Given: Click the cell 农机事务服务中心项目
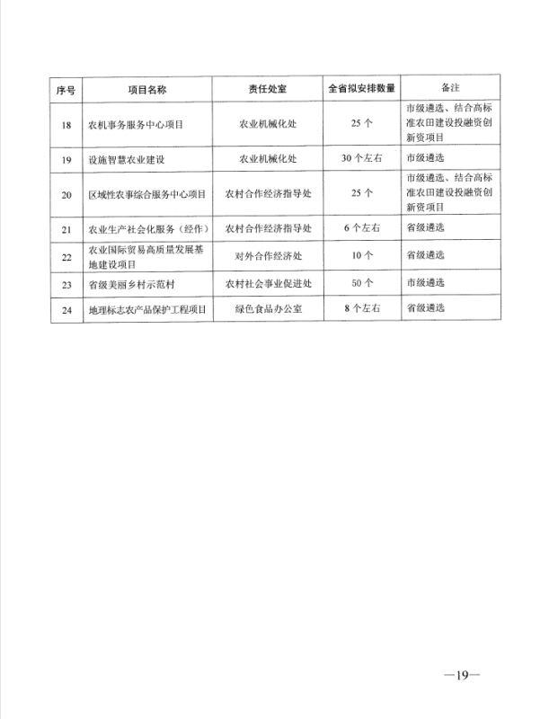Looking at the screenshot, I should [x=135, y=126].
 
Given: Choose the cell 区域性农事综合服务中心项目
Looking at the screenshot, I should [x=146, y=194].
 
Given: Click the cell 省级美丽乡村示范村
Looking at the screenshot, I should [x=130, y=283].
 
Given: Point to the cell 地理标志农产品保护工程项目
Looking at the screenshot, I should [x=146, y=309].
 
